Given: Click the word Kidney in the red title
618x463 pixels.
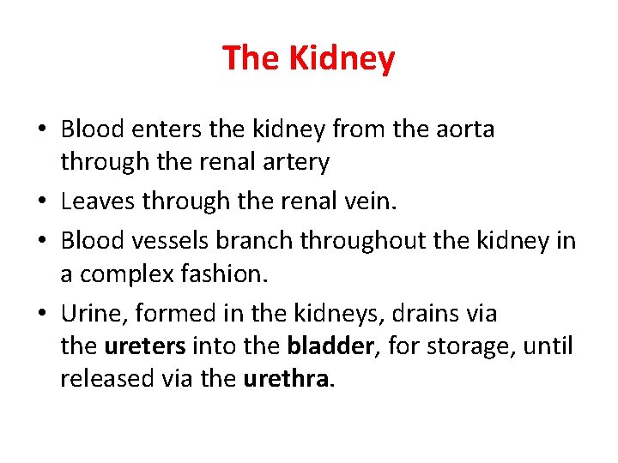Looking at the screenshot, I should (x=342, y=59).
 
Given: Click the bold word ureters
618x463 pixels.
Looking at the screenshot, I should (x=144, y=346).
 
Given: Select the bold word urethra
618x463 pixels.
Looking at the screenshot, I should (x=286, y=379).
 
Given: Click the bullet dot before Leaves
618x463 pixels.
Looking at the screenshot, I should (x=42, y=201).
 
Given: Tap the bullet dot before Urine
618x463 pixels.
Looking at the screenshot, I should (x=42, y=315).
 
